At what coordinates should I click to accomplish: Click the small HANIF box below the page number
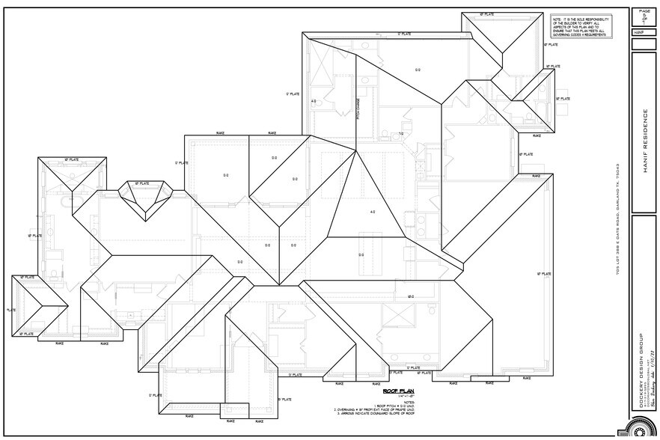coord(640,33)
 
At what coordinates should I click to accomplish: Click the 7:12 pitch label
coord(401,134)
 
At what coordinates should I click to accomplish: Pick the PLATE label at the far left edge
coord(11,309)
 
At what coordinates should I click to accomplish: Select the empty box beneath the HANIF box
coord(644,44)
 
